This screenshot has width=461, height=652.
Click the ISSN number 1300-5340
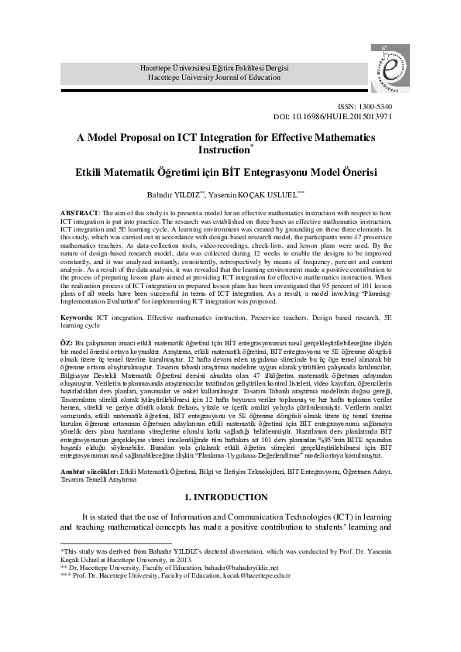coord(373,105)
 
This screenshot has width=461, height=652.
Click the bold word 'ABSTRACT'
coord(79,212)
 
